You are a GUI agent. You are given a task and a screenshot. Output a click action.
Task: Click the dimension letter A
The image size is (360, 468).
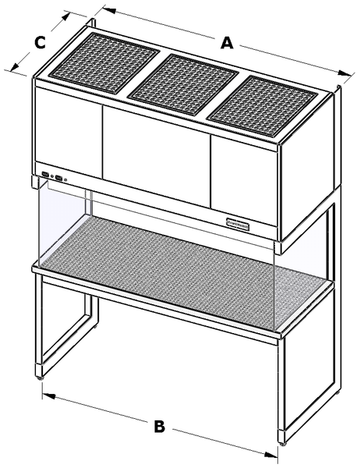(x=226, y=44)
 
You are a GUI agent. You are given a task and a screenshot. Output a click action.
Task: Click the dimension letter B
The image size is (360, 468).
(x=159, y=427)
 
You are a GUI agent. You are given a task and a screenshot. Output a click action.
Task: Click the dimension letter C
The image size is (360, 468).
(x=39, y=44)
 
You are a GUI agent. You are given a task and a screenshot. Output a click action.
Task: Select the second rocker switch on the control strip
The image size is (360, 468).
(x=56, y=177)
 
